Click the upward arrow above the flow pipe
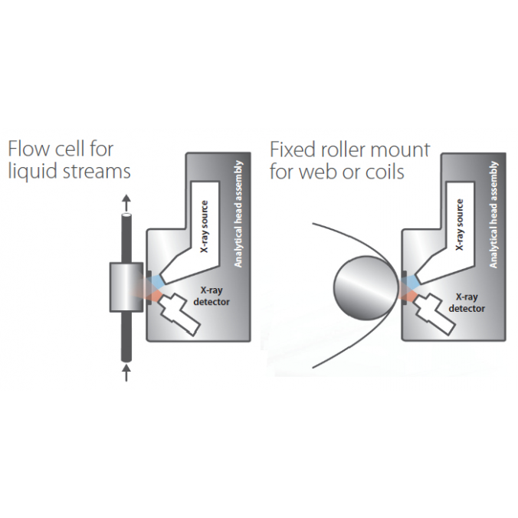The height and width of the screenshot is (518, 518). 126,201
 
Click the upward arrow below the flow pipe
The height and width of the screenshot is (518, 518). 126,372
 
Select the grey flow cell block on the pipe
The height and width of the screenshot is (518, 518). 126,287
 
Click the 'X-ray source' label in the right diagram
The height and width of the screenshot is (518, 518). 459,226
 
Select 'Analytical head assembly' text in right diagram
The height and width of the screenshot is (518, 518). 493,215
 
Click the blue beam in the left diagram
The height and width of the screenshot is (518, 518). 157,282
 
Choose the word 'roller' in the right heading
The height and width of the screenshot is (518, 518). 349,149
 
